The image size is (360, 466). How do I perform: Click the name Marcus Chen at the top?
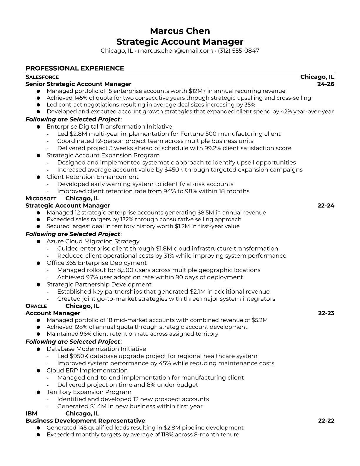coord(180,31)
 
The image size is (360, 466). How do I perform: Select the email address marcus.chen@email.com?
coord(175,51)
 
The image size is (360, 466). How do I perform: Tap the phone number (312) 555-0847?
coord(239,51)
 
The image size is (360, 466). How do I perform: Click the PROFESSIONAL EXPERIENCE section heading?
coord(75,68)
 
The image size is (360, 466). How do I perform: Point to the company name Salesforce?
coord(42,77)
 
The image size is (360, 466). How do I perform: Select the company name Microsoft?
coord(41,199)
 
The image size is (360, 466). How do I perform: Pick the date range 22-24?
coord(326,205)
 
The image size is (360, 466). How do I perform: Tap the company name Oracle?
coord(36,306)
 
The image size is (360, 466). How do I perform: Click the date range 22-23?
coord(326,313)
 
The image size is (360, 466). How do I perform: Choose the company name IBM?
coord(31,414)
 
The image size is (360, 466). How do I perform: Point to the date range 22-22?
coord(326,421)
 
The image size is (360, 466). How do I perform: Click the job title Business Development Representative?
coord(85,421)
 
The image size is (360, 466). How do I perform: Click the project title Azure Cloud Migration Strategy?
coord(93,242)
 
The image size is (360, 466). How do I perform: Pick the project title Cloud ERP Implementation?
coord(87,370)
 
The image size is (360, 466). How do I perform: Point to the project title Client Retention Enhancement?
coord(92,177)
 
